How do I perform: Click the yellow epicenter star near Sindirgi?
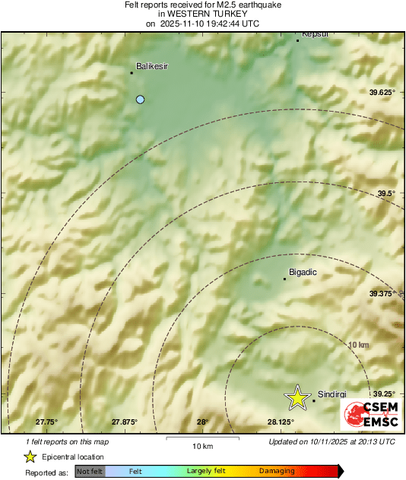point(297,397)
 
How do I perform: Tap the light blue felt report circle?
point(140,99)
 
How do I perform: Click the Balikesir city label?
point(151,66)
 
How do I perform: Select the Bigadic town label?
point(303,272)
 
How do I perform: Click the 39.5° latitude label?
point(386,193)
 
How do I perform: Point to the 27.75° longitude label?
point(47,422)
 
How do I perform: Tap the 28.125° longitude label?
point(281,422)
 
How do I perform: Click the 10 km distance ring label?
point(358,345)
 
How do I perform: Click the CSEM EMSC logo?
point(368,413)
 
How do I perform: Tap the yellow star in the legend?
point(30,456)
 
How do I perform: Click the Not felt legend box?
point(90,472)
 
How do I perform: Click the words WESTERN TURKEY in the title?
point(202,14)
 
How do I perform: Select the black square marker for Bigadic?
point(284,279)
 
